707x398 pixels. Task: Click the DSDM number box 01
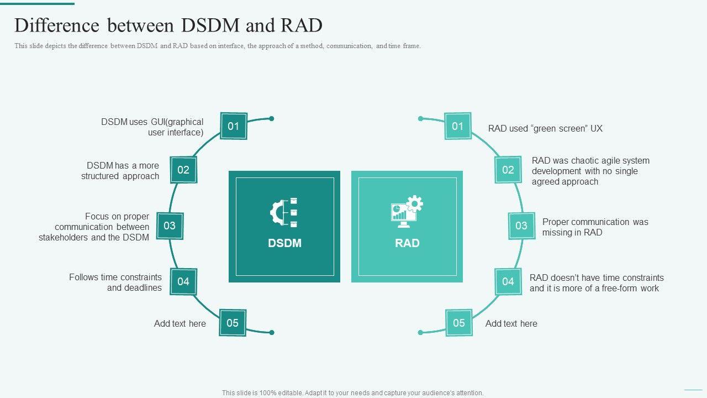pyautogui.click(x=234, y=127)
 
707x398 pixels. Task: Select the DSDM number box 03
pyautogui.click(x=170, y=226)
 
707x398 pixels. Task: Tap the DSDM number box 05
pyautogui.click(x=233, y=323)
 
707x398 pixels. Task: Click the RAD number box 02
pyautogui.click(x=508, y=170)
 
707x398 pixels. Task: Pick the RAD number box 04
pyautogui.click(x=508, y=281)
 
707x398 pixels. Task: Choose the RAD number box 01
pyautogui.click(x=458, y=126)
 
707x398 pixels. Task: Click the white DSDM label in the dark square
pyautogui.click(x=284, y=243)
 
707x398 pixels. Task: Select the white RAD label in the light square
pyautogui.click(x=407, y=243)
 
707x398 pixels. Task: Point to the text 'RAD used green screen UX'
pyautogui.click(x=545, y=129)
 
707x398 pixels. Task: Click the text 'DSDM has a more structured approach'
pyautogui.click(x=120, y=171)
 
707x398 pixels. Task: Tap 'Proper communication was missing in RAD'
pyautogui.click(x=595, y=227)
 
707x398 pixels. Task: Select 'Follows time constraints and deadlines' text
pyautogui.click(x=115, y=282)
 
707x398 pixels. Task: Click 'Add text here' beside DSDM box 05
pyautogui.click(x=180, y=324)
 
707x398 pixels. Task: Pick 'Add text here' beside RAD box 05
pyautogui.click(x=511, y=324)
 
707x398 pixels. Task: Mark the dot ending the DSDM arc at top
pyautogui.click(x=272, y=118)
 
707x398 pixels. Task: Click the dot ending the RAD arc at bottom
pyautogui.click(x=420, y=332)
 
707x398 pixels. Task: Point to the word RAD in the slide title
pyautogui.click(x=302, y=25)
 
